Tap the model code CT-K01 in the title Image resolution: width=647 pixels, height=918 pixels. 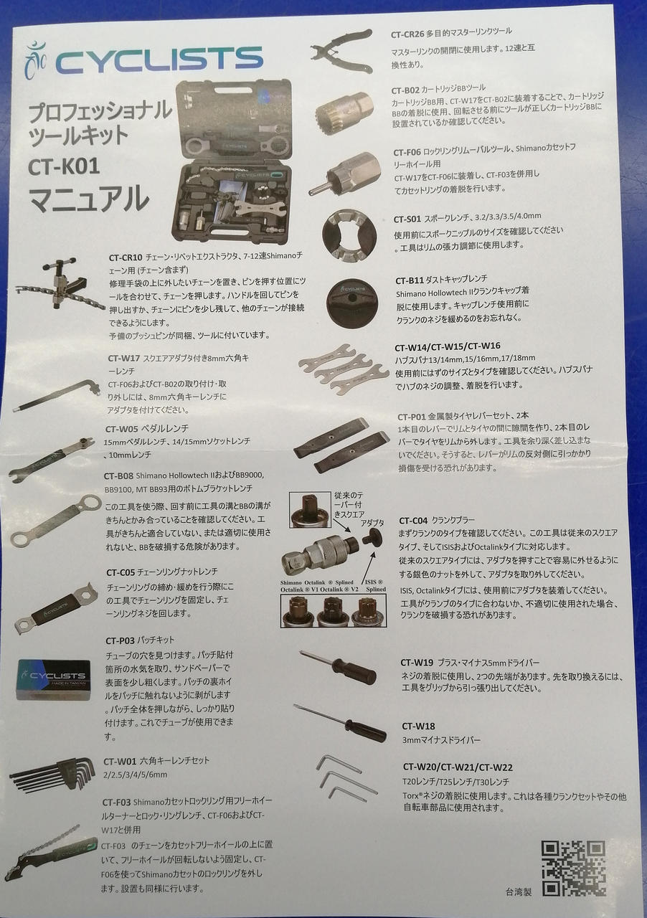(x=64, y=166)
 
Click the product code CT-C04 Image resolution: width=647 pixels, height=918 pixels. (x=413, y=520)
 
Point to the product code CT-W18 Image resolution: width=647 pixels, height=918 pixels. (x=418, y=726)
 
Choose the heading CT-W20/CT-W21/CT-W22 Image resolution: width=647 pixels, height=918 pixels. (x=458, y=767)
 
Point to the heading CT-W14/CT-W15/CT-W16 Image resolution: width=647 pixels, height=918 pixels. (x=448, y=345)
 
